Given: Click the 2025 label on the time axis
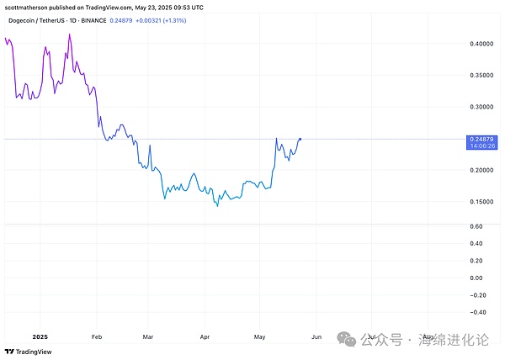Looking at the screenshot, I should (39, 336).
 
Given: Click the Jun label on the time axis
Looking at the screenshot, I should (316, 336).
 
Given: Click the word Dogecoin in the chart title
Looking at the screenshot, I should (24, 20).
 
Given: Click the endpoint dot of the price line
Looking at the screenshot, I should (300, 138).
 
